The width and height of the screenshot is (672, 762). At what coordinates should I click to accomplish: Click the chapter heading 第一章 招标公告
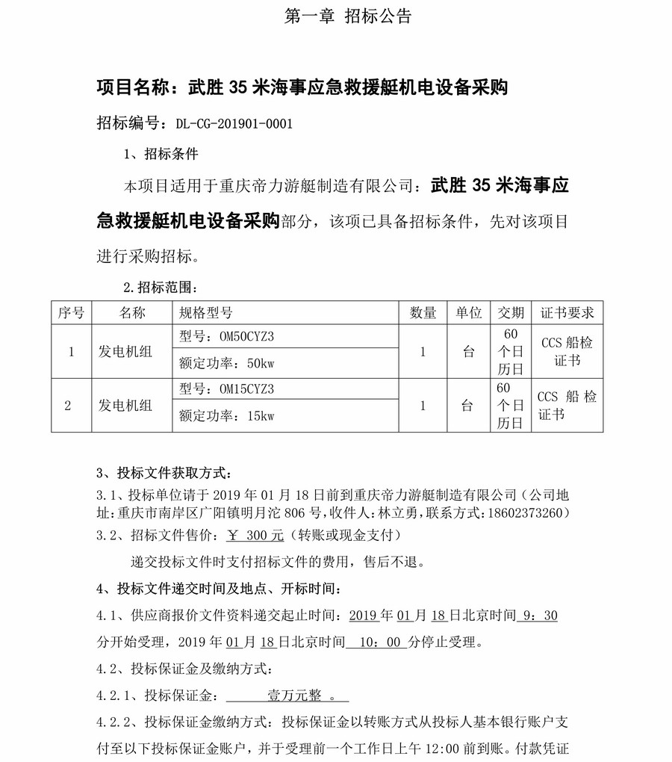tap(348, 16)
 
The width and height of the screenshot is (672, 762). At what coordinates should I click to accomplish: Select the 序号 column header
tap(71, 313)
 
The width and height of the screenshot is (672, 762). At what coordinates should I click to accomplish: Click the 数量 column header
tap(423, 313)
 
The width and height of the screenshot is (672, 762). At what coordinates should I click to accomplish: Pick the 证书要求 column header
tap(567, 313)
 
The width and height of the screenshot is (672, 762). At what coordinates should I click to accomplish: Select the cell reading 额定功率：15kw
tap(227, 417)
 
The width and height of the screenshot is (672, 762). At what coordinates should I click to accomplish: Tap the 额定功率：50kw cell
tap(227, 364)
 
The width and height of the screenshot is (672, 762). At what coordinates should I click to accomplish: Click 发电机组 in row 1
tap(125, 351)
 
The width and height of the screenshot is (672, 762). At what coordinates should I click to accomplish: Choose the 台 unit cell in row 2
tap(467, 406)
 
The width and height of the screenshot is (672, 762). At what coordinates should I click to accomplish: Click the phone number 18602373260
tap(527, 514)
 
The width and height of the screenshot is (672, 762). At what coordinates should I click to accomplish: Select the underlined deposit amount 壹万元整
tap(294, 696)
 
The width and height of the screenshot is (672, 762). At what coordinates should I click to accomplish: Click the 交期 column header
tap(511, 313)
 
